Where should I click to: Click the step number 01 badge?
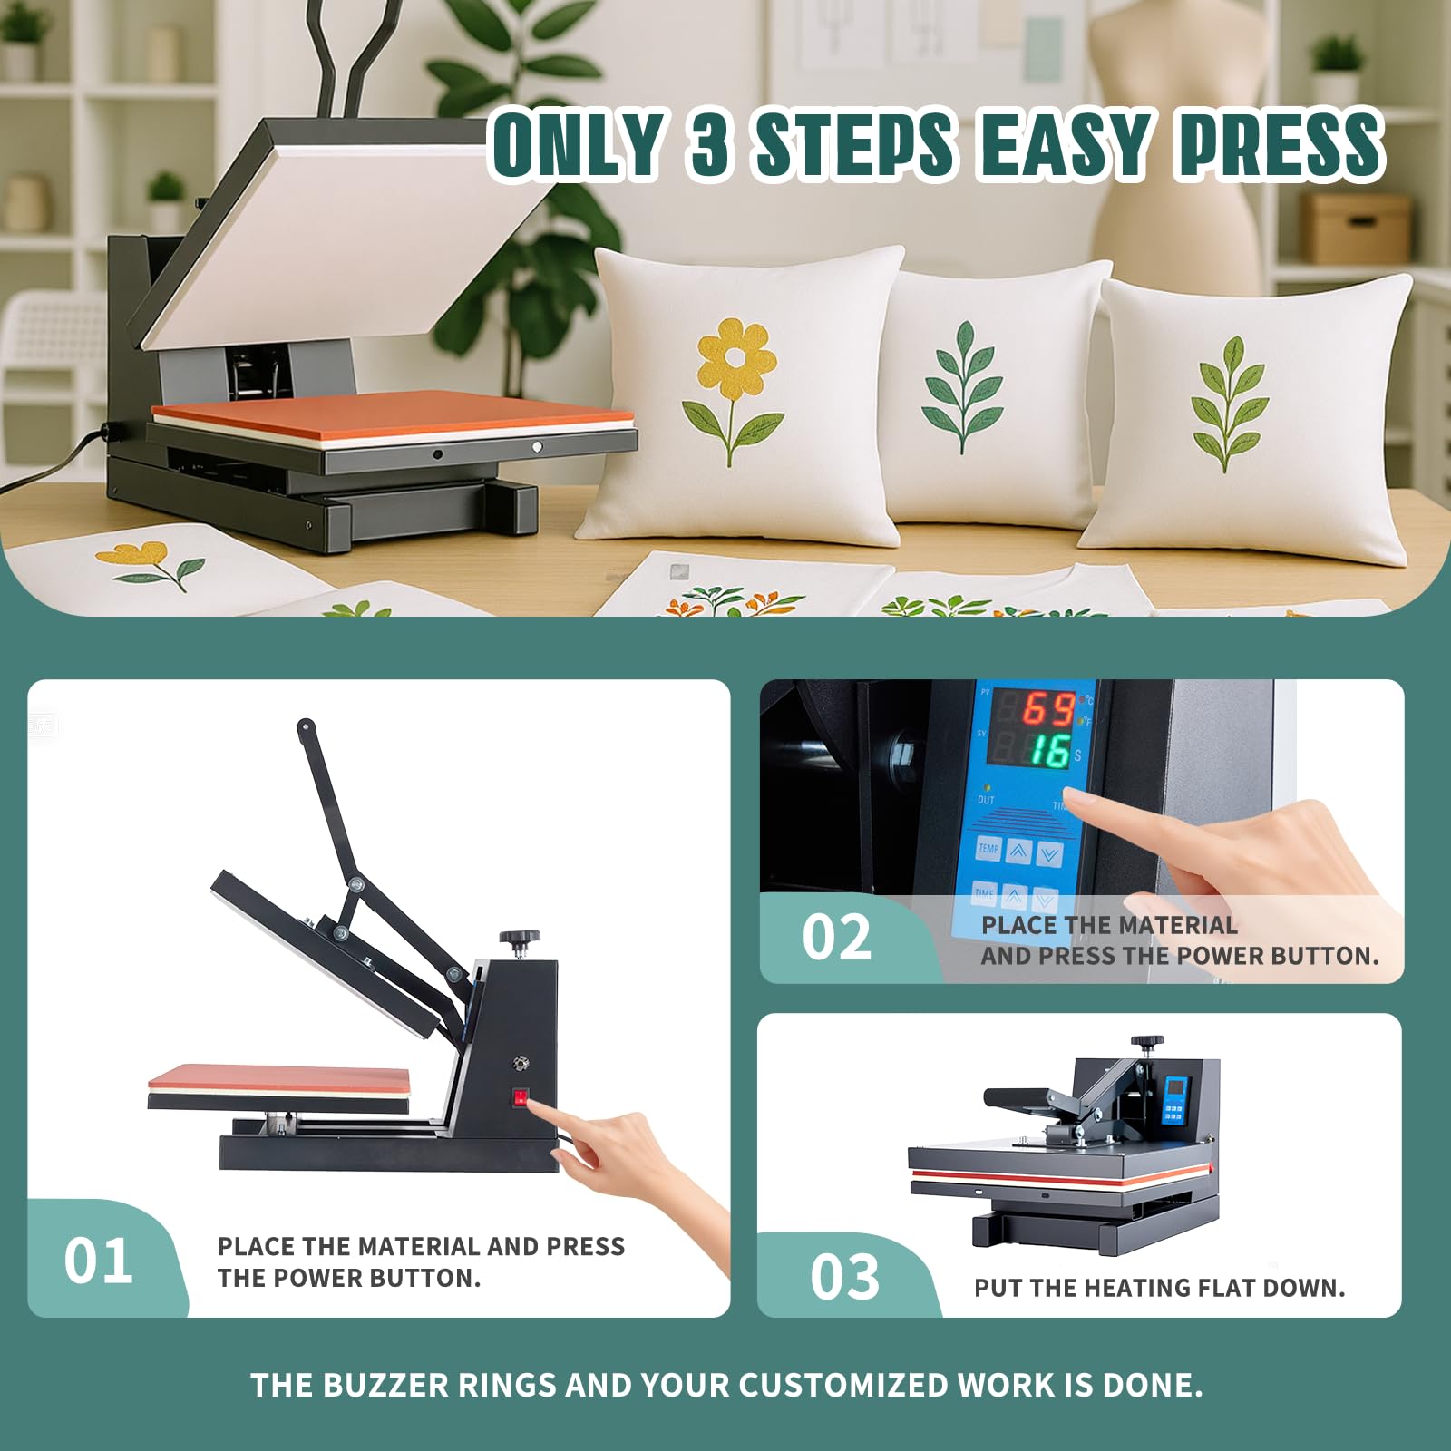[x=98, y=1261]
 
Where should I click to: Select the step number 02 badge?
[x=836, y=937]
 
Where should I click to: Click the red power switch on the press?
[x=521, y=1098]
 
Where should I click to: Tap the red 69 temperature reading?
[x=1048, y=708]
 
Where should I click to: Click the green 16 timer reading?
[x=1050, y=751]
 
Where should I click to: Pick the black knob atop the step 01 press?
[x=519, y=940]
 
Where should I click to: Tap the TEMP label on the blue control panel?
[x=988, y=849]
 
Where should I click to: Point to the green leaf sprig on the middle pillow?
[x=963, y=388]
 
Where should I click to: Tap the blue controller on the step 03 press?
[x=1175, y=1098]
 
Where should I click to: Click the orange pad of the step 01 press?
[x=279, y=1076]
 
